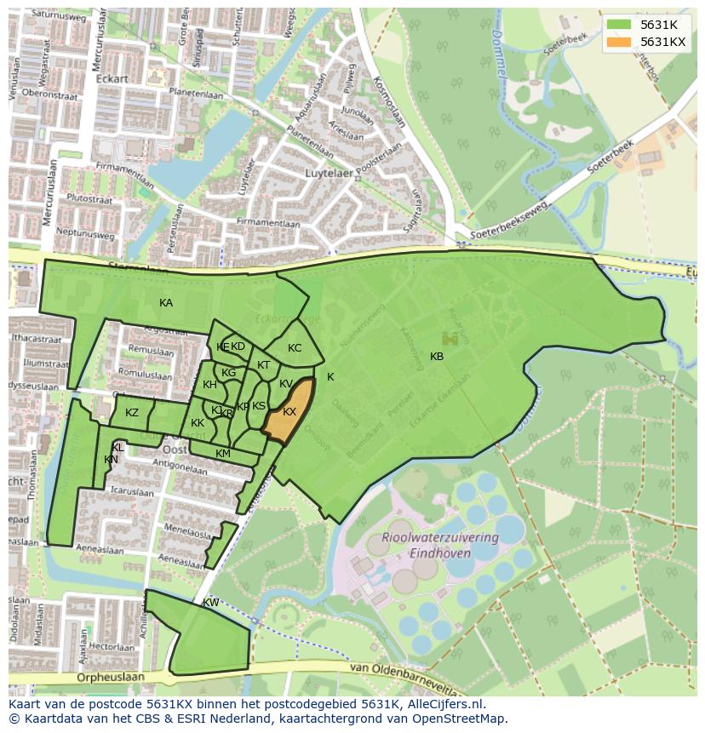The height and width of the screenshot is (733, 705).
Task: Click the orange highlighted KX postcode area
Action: click(x=287, y=412)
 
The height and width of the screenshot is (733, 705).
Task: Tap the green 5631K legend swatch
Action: click(x=619, y=25)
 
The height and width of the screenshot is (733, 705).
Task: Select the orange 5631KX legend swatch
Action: click(x=619, y=42)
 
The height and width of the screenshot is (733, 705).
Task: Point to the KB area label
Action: click(x=437, y=357)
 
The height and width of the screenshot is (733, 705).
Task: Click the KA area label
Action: click(x=166, y=303)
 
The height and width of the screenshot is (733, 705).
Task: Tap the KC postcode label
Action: click(x=295, y=348)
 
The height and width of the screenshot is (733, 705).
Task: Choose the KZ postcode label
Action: click(x=132, y=413)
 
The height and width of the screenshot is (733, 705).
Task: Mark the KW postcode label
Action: click(x=210, y=603)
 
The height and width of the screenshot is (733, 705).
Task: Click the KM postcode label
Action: click(x=223, y=454)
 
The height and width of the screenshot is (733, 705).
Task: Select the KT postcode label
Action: click(x=263, y=365)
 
